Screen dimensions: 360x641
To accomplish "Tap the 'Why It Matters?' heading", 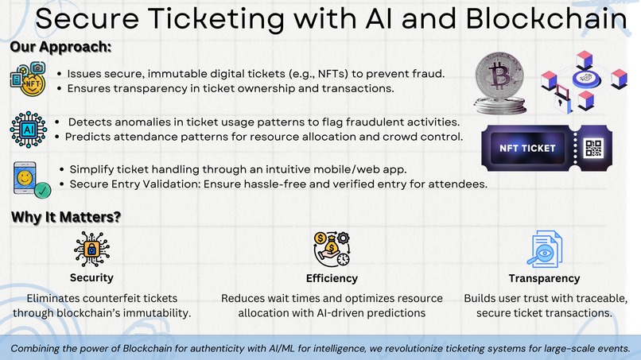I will pos(65,216).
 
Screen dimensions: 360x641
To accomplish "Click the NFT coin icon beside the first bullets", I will pos(29,80).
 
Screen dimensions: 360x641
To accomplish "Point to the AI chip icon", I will pos(29,129).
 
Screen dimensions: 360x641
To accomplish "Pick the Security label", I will pos(91,278).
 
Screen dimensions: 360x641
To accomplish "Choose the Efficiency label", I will pos(332,278).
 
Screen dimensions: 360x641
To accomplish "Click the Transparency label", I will pos(545,278).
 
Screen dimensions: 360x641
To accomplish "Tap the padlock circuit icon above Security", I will pos(91,249).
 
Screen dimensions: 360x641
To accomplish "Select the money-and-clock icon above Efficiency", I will pos(332,249).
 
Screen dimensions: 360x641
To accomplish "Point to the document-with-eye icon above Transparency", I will pos(545,249).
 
